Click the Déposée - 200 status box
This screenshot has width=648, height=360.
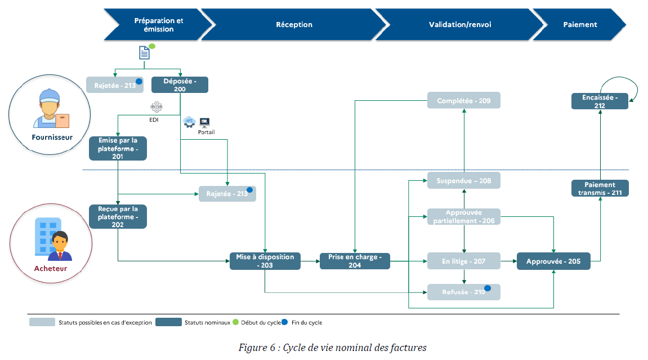(180, 85)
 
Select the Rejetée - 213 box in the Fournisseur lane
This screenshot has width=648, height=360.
(114, 85)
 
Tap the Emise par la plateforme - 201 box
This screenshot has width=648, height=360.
(118, 148)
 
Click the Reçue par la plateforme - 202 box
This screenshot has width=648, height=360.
(118, 216)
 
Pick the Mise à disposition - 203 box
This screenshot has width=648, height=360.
(265, 261)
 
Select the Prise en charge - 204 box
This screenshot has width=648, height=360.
(355, 261)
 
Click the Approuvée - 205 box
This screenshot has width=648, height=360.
(553, 261)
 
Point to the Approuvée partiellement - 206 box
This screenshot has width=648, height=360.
(464, 217)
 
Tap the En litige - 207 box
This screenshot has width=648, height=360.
(464, 261)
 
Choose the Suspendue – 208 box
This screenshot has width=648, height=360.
(464, 181)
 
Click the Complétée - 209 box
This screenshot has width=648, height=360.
(464, 101)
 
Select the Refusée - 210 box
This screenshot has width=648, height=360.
(464, 292)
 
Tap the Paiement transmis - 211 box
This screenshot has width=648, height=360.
(600, 188)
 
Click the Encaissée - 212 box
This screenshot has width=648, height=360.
(600, 101)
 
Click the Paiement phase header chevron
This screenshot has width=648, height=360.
(580, 24)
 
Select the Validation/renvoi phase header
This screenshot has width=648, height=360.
(459, 24)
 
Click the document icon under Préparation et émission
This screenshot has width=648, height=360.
(145, 52)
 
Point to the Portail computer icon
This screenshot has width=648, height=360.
(205, 122)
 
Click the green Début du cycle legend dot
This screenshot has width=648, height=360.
(236, 322)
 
